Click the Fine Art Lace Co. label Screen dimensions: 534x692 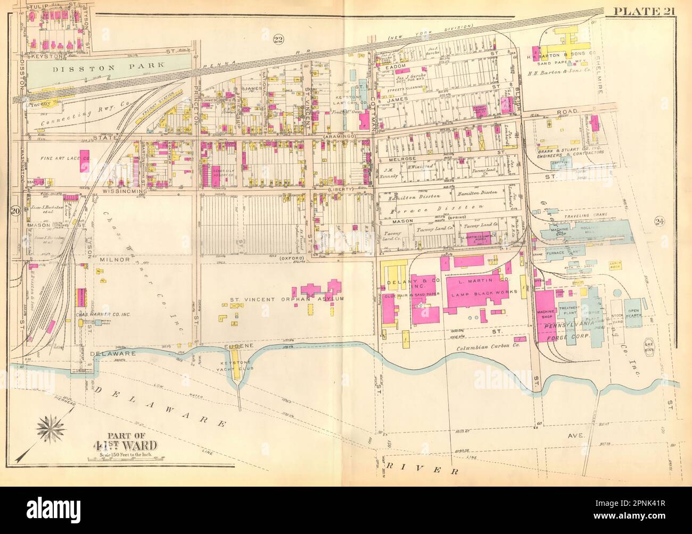tap(52, 158)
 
